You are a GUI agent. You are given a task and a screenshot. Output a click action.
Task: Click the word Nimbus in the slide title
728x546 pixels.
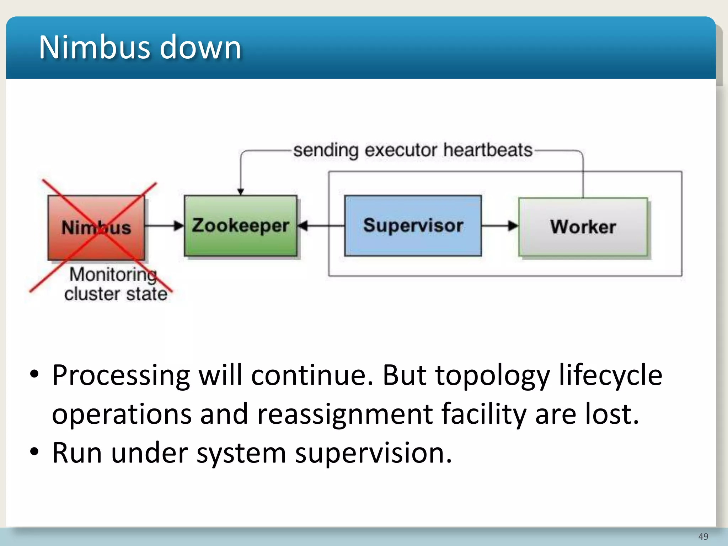tap(94, 48)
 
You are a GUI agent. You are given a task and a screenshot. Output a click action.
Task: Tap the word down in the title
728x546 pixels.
tap(200, 48)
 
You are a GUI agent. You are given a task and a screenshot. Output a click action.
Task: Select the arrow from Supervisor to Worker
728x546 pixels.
tap(500, 226)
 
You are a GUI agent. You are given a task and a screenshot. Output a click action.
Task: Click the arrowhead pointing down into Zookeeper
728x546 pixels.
tap(241, 192)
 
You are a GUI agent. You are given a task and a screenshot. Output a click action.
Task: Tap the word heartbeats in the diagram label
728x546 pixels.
tap(488, 150)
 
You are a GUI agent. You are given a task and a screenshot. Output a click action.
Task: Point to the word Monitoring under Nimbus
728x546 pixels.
tap(113, 275)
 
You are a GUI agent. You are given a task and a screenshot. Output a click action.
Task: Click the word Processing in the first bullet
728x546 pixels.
tap(121, 375)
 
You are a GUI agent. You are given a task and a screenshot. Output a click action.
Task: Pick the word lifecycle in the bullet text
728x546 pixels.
tap(610, 375)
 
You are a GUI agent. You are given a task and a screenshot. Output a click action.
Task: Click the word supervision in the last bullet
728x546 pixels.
tap(373, 454)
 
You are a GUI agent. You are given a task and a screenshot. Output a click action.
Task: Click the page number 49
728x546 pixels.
tap(703, 536)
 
